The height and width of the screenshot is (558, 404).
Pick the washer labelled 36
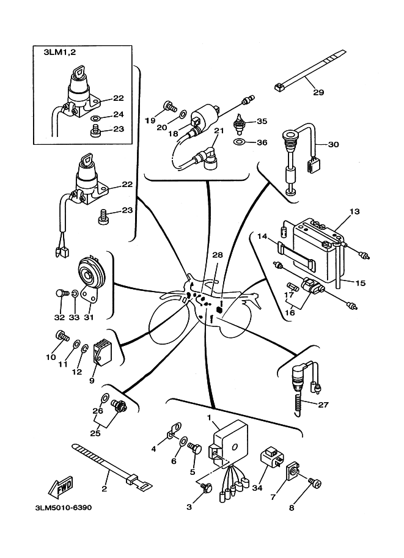click(x=240, y=142)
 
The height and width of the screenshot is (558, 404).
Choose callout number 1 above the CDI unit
click(x=209, y=417)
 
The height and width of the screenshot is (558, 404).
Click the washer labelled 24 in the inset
click(x=97, y=117)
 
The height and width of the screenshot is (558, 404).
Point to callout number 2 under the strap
click(x=104, y=489)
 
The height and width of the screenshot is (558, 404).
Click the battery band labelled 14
click(x=297, y=255)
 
